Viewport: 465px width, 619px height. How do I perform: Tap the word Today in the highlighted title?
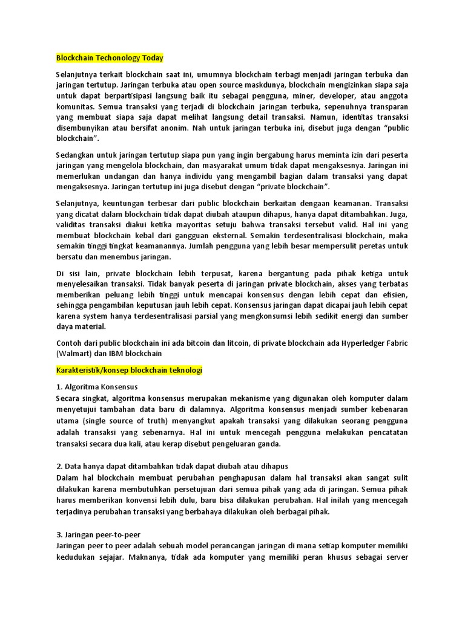click(153, 58)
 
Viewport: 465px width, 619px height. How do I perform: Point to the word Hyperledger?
click(357, 343)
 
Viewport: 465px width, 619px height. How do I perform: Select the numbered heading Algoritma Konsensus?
click(101, 387)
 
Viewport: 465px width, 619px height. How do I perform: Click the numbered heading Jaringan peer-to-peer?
click(106, 535)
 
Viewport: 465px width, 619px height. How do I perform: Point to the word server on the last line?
click(393, 557)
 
